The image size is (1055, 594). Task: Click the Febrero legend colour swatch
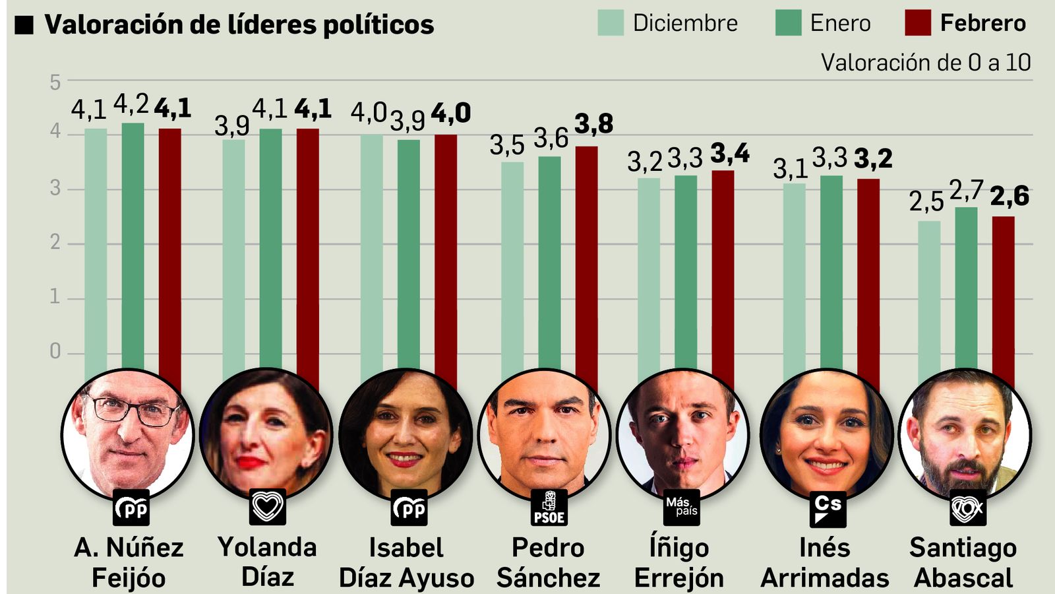pyautogui.click(x=917, y=22)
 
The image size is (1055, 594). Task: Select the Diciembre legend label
pyautogui.click(x=685, y=23)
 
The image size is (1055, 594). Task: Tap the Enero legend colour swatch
pyautogui.click(x=788, y=22)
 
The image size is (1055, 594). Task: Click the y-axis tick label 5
pyautogui.click(x=55, y=82)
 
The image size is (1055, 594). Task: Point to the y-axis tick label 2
pyautogui.click(x=55, y=243)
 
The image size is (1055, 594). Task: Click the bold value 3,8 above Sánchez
pyautogui.click(x=593, y=123)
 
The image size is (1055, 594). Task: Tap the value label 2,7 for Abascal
pyautogui.click(x=966, y=191)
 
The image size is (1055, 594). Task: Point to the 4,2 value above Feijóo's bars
pyautogui.click(x=131, y=104)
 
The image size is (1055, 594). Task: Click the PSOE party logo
pyautogui.click(x=549, y=508)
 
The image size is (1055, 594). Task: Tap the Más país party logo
pyautogui.click(x=681, y=507)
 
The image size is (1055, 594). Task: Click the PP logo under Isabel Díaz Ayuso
pyautogui.click(x=409, y=508)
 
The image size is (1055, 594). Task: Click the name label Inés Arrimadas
pyautogui.click(x=824, y=562)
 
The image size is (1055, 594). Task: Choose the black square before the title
pyautogui.click(x=24, y=25)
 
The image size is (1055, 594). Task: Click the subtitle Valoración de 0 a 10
pyautogui.click(x=925, y=63)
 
